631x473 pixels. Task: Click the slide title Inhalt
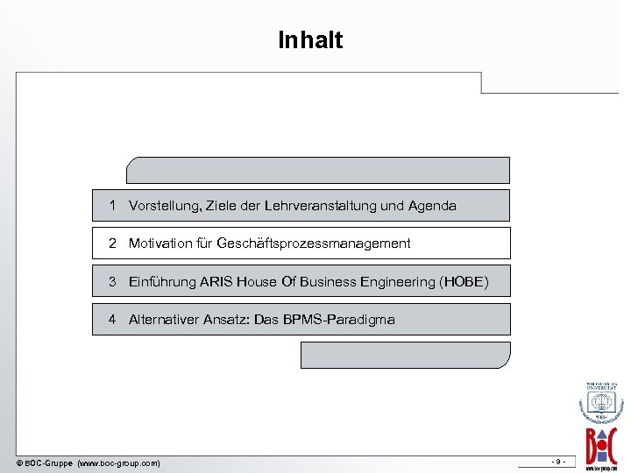310,40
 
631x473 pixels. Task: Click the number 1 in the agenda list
113,205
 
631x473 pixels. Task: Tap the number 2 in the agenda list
113,243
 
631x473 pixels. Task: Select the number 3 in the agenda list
113,281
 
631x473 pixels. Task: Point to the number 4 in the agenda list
113,319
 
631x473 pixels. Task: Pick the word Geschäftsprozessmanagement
313,244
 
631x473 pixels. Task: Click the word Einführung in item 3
162,282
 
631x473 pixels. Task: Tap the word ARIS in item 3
217,282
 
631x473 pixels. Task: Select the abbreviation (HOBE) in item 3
464,282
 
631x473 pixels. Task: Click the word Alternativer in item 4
166,320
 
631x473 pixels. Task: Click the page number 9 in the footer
557,461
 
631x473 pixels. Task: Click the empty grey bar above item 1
318,170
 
